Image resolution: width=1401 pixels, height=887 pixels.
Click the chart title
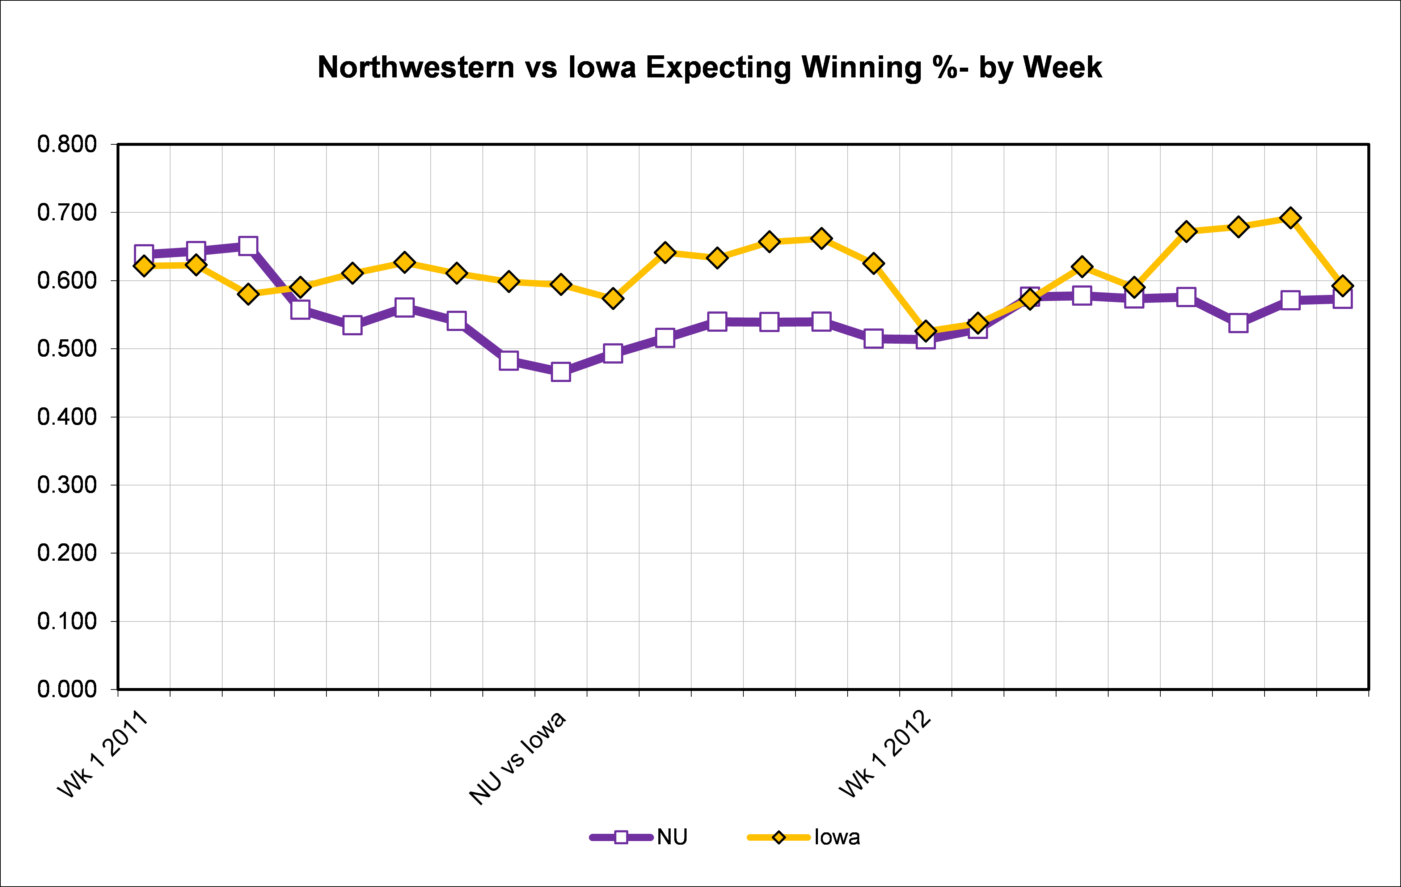709,68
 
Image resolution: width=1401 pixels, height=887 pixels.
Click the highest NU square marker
248,246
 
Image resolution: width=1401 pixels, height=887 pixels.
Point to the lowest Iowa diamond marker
926,331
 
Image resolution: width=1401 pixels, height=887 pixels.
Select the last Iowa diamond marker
1343,286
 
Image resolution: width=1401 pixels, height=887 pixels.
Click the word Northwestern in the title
416,68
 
